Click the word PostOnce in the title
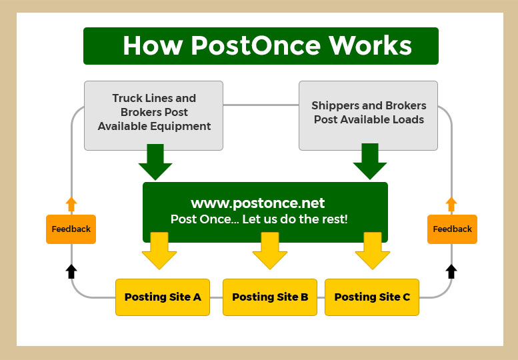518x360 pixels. pos(255,45)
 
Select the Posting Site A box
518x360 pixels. pos(163,297)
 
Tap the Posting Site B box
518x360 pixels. pos(270,297)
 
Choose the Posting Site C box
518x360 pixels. pos(372,297)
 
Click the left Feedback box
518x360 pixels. pos(71,229)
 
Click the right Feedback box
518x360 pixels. pos(452,229)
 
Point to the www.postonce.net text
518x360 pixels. pos(258,203)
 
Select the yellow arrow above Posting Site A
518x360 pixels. pos(159,251)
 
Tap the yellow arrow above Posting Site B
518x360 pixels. pos(270,251)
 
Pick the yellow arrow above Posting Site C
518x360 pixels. pos(373,251)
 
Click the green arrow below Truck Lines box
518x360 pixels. pos(155,162)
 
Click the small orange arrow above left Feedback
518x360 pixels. pos(71,205)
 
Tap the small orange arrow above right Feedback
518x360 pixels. pos(451,205)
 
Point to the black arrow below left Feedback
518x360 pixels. pos(71,271)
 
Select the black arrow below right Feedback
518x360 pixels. pos(451,271)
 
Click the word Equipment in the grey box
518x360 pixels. pos(181,127)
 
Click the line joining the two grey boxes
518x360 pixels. pos(261,105)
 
